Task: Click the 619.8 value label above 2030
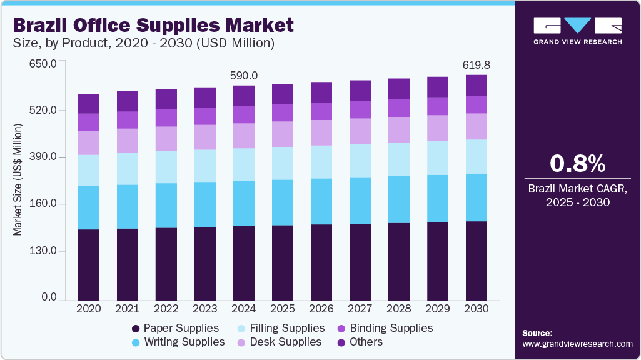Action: click(x=476, y=65)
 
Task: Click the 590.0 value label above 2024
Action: click(x=244, y=76)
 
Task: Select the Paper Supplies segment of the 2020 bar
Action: click(x=89, y=265)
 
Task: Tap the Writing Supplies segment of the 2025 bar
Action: click(x=283, y=202)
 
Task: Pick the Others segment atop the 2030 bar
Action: click(x=477, y=85)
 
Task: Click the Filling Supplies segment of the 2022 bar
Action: click(x=166, y=167)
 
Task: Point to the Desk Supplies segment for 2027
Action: click(x=360, y=131)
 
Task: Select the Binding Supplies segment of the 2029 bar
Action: click(x=438, y=106)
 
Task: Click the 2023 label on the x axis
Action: click(x=205, y=309)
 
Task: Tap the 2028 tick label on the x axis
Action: click(x=399, y=309)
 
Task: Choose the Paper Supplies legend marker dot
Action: click(x=136, y=329)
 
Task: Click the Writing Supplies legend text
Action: click(x=184, y=342)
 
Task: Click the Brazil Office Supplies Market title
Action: click(x=153, y=26)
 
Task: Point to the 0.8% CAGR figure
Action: click(x=577, y=164)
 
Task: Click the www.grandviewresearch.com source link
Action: click(x=577, y=344)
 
